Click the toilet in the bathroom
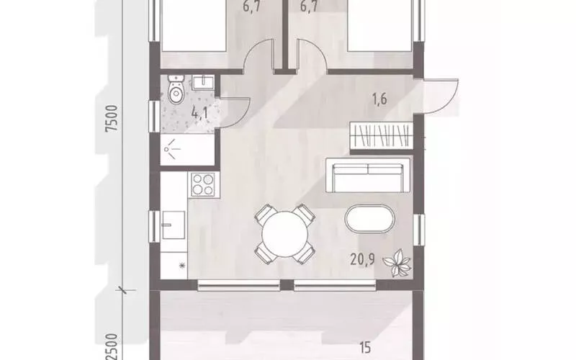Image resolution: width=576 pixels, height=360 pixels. coord(176,89)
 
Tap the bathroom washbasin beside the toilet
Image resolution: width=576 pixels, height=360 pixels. coord(202,83)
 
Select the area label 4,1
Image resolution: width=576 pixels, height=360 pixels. coord(200,112)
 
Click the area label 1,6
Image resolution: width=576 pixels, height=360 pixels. coord(379,99)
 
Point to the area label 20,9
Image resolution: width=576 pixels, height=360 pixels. coord(362,260)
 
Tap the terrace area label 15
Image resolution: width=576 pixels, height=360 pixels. coord(365,348)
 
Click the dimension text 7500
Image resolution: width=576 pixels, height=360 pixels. coord(112,118)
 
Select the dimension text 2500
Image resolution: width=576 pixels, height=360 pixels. coord(112,347)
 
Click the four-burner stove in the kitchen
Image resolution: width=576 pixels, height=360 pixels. coord(203,184)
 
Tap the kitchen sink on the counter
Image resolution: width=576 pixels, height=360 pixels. coord(174,225)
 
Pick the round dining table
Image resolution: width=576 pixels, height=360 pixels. coord(284,234)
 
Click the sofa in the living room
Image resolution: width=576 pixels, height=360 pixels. coord(368,175)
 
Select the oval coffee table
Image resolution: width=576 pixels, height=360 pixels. coord(369,219)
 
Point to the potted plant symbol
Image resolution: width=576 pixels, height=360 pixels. coord(397,262)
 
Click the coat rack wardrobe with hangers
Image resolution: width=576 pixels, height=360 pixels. coord(382,135)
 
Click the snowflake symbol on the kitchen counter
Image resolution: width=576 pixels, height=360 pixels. coord(181,266)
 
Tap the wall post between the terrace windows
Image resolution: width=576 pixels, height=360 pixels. coord(287,285)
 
